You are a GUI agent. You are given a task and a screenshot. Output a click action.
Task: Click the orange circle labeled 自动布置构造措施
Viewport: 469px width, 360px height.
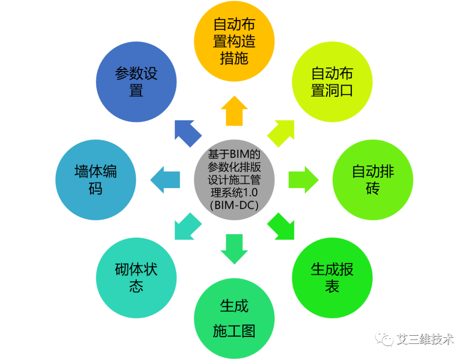(234, 41)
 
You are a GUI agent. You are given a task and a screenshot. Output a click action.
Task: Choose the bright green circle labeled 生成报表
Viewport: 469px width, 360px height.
(332, 278)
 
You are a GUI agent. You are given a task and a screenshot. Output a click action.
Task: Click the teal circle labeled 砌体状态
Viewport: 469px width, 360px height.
(136, 278)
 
